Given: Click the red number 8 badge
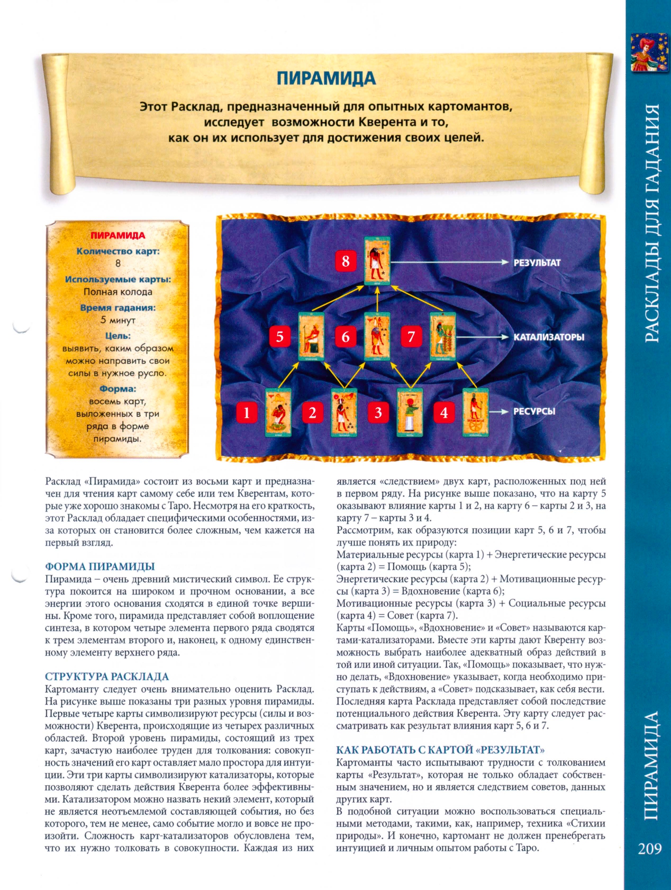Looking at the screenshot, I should pyautogui.click(x=346, y=261).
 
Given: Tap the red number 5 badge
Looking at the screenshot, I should pyautogui.click(x=280, y=337).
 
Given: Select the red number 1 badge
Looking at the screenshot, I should pyautogui.click(x=247, y=412).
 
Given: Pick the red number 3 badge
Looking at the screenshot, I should pyautogui.click(x=378, y=412).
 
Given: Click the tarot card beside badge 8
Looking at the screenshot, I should pyautogui.click(x=377, y=261).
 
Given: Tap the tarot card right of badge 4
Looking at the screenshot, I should pyautogui.click(x=475, y=412).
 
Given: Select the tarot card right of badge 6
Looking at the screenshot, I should pyautogui.click(x=377, y=337).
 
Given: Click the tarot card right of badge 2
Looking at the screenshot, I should pyautogui.click(x=343, y=412).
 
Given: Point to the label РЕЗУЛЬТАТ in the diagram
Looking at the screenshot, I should pyautogui.click(x=537, y=263).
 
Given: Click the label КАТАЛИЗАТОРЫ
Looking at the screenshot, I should pyautogui.click(x=549, y=337).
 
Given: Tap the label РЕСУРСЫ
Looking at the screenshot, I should pyautogui.click(x=534, y=411).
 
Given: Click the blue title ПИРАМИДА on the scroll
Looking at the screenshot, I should pyautogui.click(x=326, y=78).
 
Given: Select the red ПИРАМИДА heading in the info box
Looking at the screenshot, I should pyautogui.click(x=117, y=236).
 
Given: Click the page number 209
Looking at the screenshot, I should pyautogui.click(x=649, y=849).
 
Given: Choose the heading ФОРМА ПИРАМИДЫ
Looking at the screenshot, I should pyautogui.click(x=99, y=567).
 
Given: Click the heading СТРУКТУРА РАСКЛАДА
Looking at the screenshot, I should pyautogui.click(x=107, y=676).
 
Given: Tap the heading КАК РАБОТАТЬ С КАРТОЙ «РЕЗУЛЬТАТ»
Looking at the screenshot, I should pyautogui.click(x=440, y=750).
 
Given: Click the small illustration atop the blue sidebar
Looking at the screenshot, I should pyautogui.click(x=649, y=52).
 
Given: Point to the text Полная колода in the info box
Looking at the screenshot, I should pyautogui.click(x=117, y=292).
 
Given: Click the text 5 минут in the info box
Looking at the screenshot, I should pyautogui.click(x=117, y=320).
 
